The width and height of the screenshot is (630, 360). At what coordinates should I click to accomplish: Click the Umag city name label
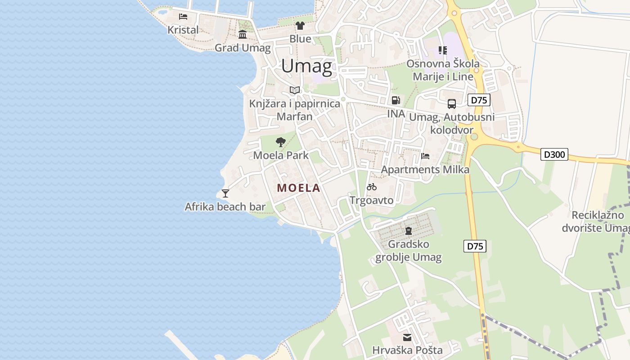(307, 67)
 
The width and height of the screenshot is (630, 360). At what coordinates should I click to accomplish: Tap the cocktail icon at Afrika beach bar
(225, 193)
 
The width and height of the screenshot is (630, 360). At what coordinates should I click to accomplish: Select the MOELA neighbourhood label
(299, 188)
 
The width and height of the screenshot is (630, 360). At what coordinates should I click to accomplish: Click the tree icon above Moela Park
(281, 143)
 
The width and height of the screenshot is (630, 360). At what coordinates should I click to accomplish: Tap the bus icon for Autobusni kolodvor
(452, 104)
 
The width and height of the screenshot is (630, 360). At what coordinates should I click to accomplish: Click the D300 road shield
(554, 155)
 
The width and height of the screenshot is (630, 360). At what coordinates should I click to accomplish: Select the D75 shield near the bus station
(479, 100)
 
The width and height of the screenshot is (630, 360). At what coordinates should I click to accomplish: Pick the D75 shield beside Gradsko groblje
(475, 246)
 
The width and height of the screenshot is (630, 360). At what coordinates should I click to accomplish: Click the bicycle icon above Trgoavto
(372, 187)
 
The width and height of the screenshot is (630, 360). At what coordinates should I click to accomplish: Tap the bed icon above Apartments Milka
(425, 156)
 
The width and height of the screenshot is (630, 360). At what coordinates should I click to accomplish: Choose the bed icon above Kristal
(183, 17)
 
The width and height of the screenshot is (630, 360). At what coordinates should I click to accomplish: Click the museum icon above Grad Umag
(243, 34)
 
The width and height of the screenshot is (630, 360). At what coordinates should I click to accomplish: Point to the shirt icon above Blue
(300, 26)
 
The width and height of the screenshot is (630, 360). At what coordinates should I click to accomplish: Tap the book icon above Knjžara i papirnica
(295, 90)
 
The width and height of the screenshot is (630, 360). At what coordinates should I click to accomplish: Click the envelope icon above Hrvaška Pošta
(407, 337)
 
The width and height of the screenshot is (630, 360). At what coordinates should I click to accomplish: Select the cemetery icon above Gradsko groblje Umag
(409, 231)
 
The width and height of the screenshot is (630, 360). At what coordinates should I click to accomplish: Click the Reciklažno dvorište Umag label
(595, 222)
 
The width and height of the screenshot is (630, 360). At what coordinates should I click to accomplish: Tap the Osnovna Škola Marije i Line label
(443, 70)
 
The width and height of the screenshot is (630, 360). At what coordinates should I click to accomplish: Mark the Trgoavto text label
(372, 200)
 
